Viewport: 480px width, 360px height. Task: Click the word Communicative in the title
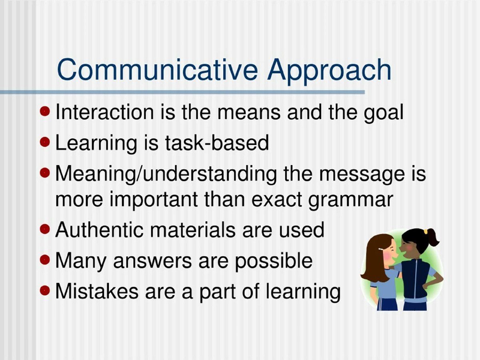coord(158,70)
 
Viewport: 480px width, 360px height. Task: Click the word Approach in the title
coord(329,72)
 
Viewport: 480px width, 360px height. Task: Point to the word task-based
coord(217,143)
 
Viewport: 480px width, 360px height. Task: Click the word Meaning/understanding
coord(166,174)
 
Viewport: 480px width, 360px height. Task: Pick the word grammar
coord(351,200)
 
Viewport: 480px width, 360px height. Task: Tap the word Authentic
coord(100,230)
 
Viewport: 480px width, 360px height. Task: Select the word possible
coord(274,262)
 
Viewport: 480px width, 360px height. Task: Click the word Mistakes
coord(97,291)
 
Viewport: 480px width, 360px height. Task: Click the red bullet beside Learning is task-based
coord(45,142)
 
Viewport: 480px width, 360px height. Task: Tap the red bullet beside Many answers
coord(45,260)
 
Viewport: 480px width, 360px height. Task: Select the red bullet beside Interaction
coord(45,111)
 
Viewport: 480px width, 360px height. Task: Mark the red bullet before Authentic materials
coord(45,229)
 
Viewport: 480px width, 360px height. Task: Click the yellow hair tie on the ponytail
coord(426,232)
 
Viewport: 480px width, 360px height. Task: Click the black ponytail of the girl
coord(433,238)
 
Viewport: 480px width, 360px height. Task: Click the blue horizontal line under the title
coord(182,92)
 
